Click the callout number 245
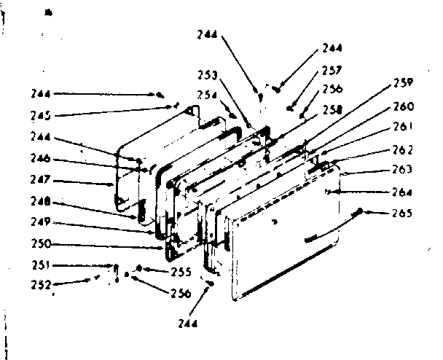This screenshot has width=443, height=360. tap(41, 116)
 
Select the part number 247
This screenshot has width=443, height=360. tap(40, 179)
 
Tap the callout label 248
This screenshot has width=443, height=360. tap(41, 201)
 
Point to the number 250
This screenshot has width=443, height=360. tap(42, 243)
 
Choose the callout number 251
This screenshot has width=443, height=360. tap(42, 265)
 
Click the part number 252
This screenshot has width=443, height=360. tap(42, 284)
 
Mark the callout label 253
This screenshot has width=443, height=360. tap(208, 75)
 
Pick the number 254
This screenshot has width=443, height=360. tap(207, 95)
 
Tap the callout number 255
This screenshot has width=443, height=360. tap(181, 272)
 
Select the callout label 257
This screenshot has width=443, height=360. tap(332, 71)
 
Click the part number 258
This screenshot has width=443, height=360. tap(332, 109)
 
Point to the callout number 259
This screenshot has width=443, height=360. tap(404, 82)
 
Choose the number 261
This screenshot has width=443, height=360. tap(403, 127)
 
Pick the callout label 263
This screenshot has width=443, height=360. tap(402, 170)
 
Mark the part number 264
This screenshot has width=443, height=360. tap(402, 192)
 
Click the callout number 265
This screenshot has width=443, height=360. tap(402, 213)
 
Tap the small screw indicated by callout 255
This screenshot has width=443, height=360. tap(139, 267)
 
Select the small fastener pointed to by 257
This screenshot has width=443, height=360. tap(289, 109)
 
